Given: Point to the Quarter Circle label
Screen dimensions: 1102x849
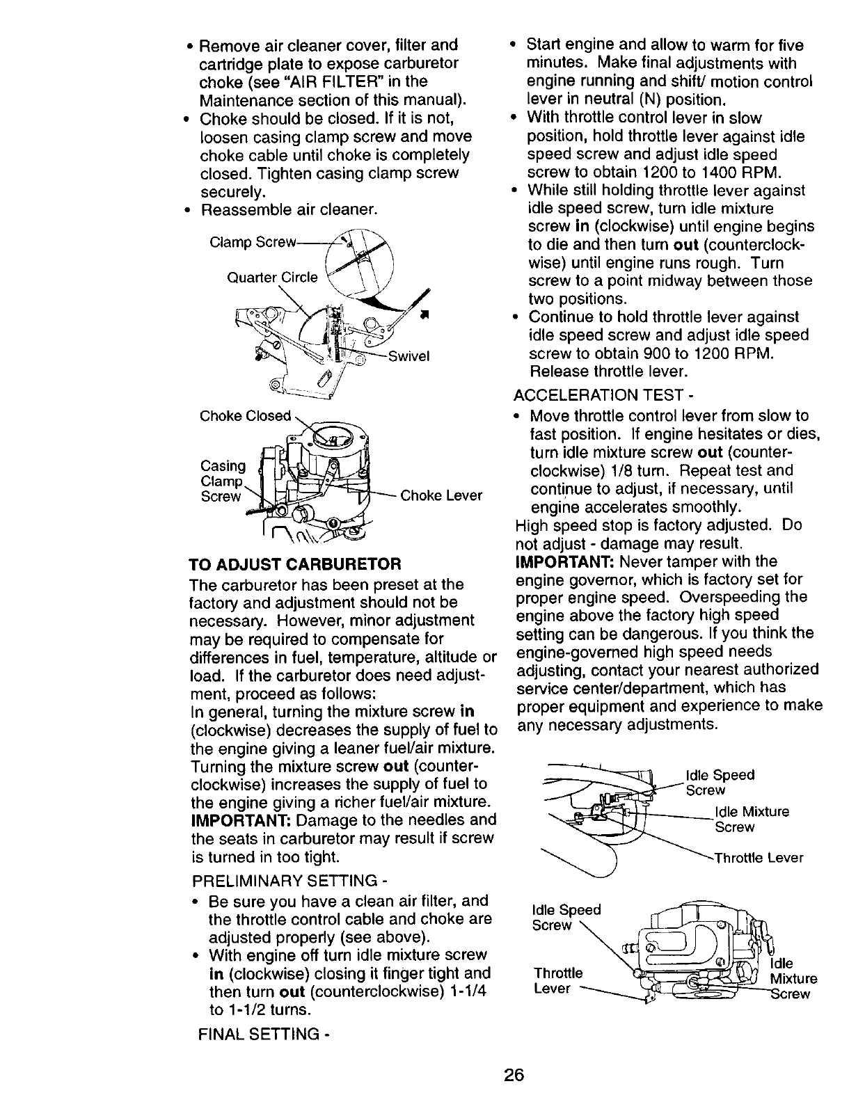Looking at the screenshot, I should pyautogui.click(x=272, y=278).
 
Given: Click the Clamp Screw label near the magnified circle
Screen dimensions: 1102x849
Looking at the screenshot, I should pyautogui.click(x=253, y=242).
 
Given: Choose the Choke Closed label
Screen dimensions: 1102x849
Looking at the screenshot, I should pyautogui.click(x=245, y=416).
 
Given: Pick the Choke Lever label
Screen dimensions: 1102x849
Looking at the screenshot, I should pyautogui.click(x=441, y=495).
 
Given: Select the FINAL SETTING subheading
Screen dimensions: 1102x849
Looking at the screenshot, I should pyautogui.click(x=264, y=1035).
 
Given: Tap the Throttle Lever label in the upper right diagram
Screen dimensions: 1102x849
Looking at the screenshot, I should pyautogui.click(x=759, y=858).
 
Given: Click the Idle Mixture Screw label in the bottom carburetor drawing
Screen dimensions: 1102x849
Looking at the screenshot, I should pyautogui.click(x=793, y=979).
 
